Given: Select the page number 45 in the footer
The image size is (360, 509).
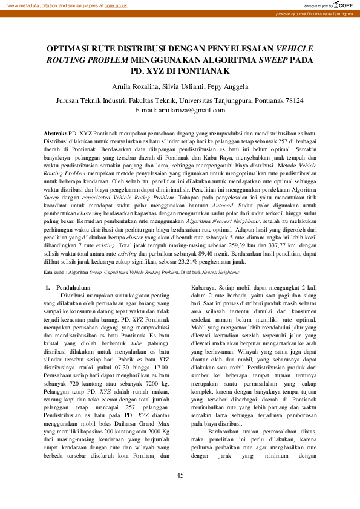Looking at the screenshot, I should (180, 492).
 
